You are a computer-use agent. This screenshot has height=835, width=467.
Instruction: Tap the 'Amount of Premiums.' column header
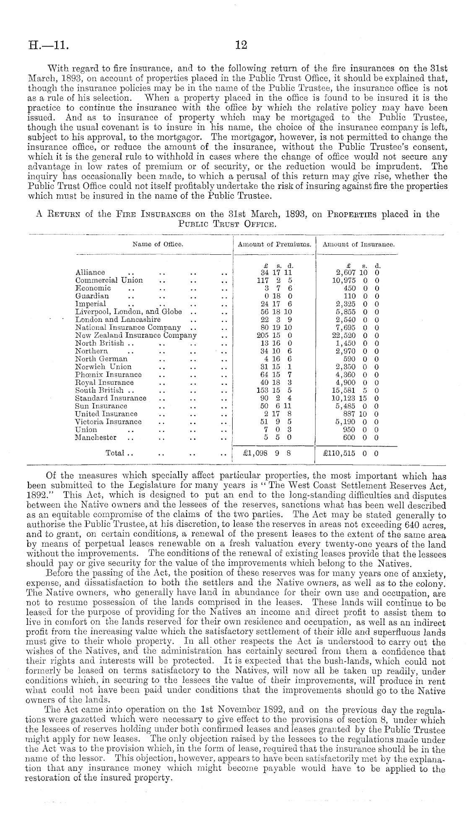[274, 244]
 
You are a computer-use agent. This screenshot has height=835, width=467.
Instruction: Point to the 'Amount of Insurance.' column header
[359, 244]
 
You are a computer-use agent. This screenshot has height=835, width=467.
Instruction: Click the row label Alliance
[90, 273]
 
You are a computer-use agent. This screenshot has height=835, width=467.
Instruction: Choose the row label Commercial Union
[109, 280]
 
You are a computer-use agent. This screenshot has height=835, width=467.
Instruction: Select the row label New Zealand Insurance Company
[135, 335]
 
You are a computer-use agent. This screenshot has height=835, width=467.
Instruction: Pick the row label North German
[101, 359]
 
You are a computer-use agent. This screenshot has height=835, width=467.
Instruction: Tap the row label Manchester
[96, 437]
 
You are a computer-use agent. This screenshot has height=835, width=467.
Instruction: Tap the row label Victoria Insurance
[108, 422]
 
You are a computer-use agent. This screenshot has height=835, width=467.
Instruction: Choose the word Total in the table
[115, 453]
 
